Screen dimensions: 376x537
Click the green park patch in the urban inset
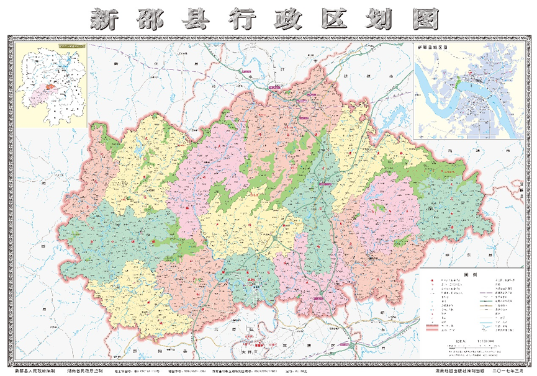(458, 82)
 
